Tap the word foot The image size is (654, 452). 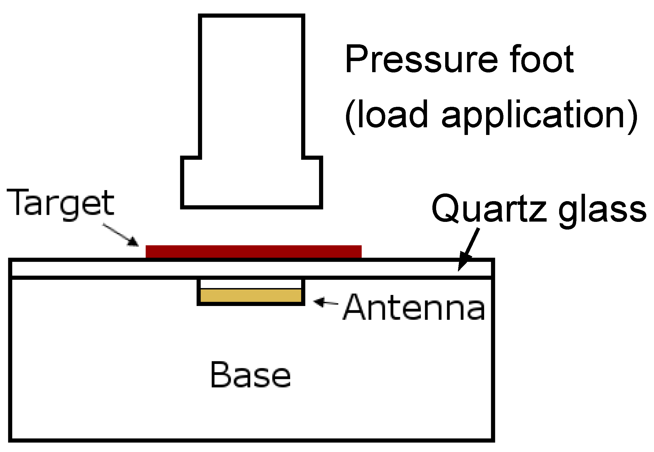[541, 59]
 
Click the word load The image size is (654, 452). [392, 114]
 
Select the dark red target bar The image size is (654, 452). [253, 251]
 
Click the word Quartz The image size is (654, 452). [489, 209]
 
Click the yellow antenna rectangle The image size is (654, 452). [251, 295]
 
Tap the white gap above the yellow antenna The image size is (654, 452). [251, 284]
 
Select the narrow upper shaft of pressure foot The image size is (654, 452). [251, 85]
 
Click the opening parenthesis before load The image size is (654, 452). [350, 116]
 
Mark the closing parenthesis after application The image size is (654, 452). [633, 116]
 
